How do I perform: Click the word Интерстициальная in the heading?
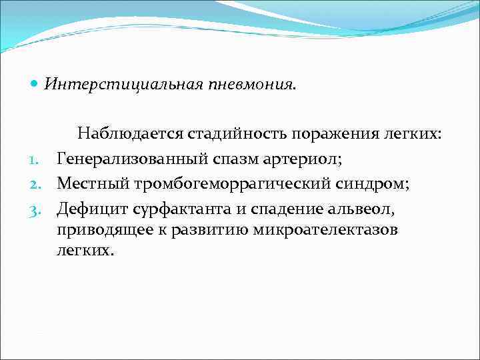106,84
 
